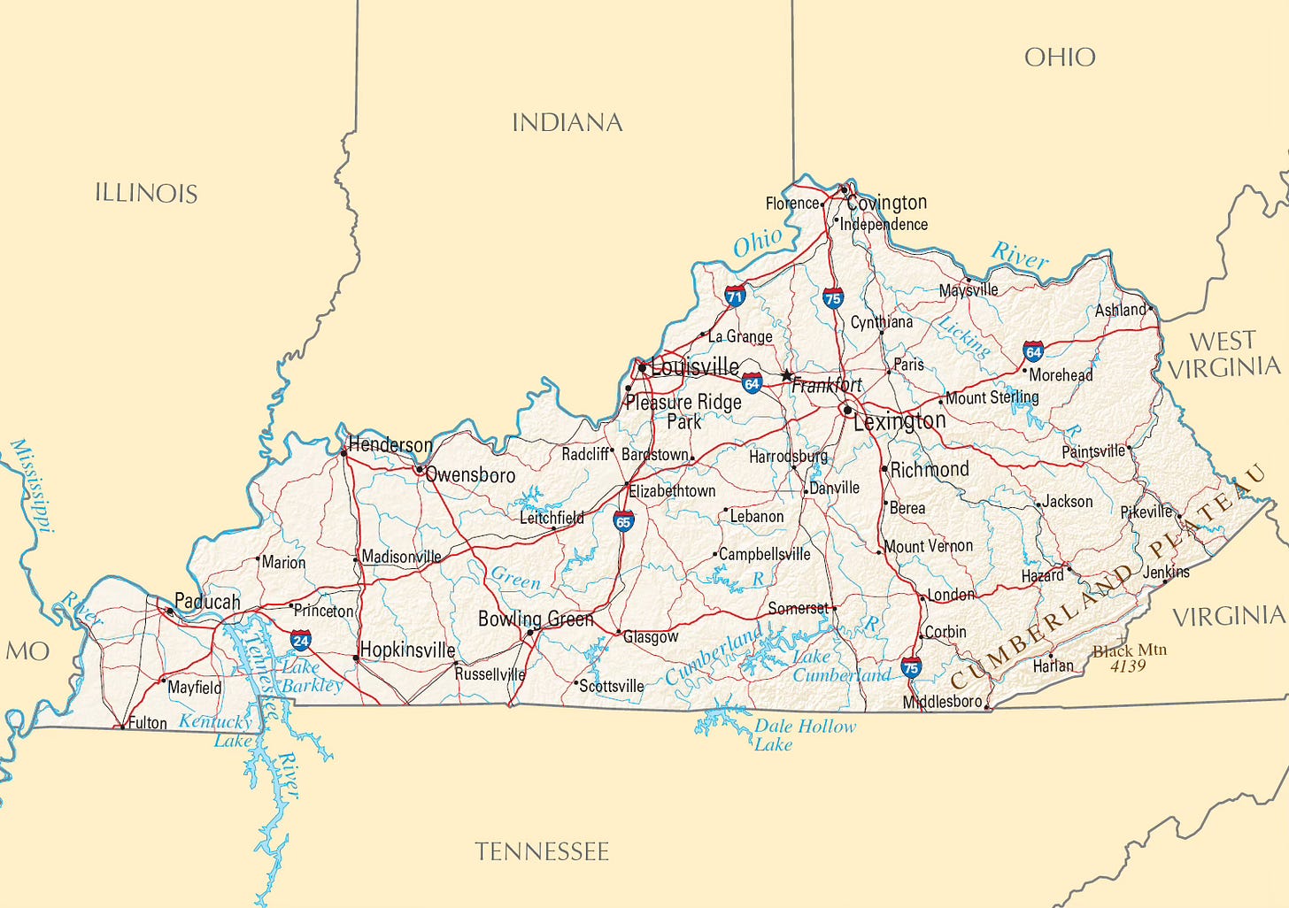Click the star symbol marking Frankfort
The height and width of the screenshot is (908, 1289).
pyautogui.click(x=786, y=375)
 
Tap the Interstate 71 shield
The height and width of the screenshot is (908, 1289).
pyautogui.click(x=734, y=296)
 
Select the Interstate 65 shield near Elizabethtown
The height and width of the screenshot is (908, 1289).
pyautogui.click(x=623, y=520)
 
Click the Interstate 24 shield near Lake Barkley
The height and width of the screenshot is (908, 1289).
pyautogui.click(x=301, y=640)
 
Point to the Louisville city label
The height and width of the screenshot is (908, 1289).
pyautogui.click(x=695, y=366)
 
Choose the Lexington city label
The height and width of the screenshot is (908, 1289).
pyautogui.click(x=899, y=421)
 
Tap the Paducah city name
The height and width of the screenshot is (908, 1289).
pyautogui.click(x=207, y=602)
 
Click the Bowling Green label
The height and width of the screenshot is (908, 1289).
pyautogui.click(x=536, y=619)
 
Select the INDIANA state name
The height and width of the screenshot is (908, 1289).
pyautogui.click(x=567, y=122)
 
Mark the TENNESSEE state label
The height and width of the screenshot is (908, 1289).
pyautogui.click(x=542, y=851)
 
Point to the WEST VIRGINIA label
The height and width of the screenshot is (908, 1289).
pyautogui.click(x=1223, y=354)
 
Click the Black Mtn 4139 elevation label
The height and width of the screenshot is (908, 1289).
pyautogui.click(x=1129, y=658)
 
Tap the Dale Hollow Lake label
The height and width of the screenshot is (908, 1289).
pyautogui.click(x=804, y=735)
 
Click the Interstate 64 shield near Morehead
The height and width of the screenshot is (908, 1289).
pyautogui.click(x=1033, y=351)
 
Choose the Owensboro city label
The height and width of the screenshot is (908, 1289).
pyautogui.click(x=470, y=475)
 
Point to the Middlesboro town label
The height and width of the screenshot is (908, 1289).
pyautogui.click(x=942, y=702)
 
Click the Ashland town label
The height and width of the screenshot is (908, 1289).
pyautogui.click(x=1120, y=310)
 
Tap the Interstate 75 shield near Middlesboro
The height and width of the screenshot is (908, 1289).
pyautogui.click(x=911, y=668)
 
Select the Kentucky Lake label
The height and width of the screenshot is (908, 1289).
pyautogui.click(x=217, y=730)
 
